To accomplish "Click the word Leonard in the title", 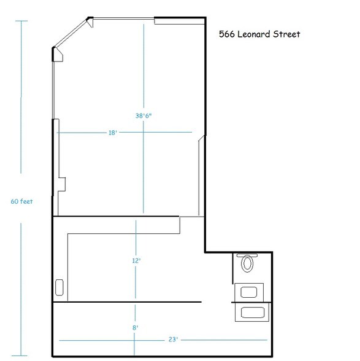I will pos(258,35).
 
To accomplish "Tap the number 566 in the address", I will pos(227,35).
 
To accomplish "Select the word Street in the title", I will pos(287,35).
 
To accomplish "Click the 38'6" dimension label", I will pos(144,115).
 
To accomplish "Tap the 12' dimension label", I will pos(137,261).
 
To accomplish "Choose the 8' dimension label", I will pos(135,328).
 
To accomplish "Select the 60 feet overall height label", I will pos(21,201).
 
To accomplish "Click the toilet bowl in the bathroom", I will pos(248,264).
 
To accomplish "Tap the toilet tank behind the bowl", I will pos(248,255).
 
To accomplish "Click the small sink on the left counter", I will pos(59,287).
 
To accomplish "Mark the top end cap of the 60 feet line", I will pos(21,21).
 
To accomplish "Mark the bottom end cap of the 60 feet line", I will pos(21,355).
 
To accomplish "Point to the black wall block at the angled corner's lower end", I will pos(58,55).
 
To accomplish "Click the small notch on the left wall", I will pos(61,184).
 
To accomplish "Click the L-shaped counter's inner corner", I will pos(67,234).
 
